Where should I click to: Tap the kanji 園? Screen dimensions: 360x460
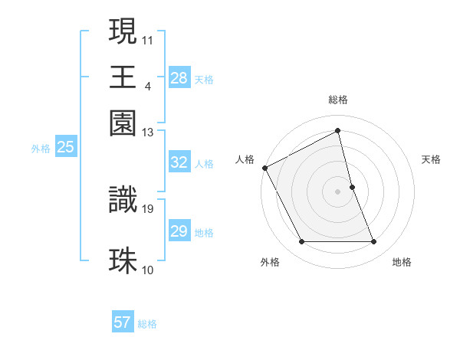[x=123, y=123]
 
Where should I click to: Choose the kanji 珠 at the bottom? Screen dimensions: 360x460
[x=123, y=260]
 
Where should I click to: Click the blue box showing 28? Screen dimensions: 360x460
[x=179, y=78]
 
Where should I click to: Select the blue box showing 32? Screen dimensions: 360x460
[x=179, y=163]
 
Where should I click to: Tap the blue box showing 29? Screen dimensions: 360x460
[x=179, y=232]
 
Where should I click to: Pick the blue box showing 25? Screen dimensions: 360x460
[x=65, y=148]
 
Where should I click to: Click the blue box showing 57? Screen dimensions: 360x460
[x=123, y=322]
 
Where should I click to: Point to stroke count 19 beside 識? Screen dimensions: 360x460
[x=148, y=208]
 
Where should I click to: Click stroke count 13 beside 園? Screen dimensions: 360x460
[x=148, y=133]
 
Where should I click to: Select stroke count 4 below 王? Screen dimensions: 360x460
[x=147, y=86]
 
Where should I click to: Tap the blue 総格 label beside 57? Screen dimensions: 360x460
[x=147, y=324]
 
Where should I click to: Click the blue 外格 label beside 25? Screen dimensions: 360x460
[x=40, y=149]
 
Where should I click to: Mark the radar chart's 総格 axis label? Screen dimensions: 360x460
[x=338, y=100]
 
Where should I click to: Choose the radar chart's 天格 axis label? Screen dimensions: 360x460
[x=432, y=159]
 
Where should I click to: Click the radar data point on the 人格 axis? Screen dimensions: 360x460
[x=264, y=168]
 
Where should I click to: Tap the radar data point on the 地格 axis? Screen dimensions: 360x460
[x=374, y=242]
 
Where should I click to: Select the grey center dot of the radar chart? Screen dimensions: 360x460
[x=338, y=191]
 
